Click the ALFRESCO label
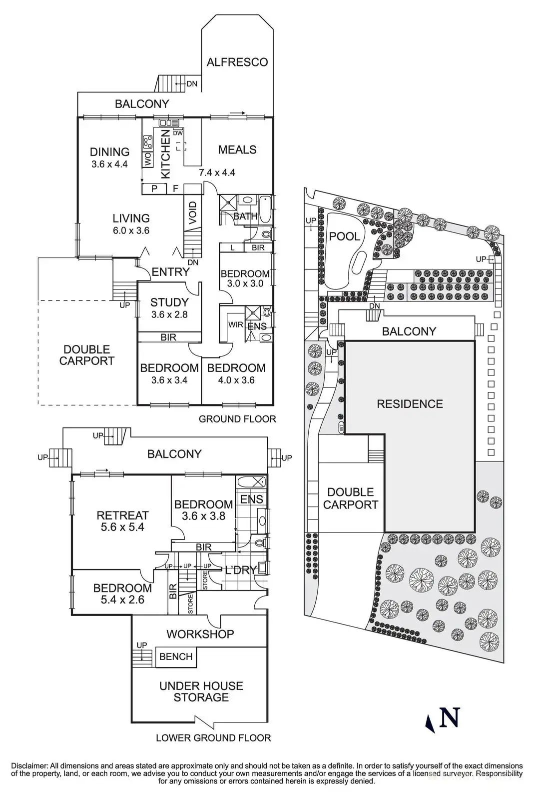[237, 62]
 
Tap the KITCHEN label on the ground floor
[165, 153]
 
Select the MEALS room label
[237, 149]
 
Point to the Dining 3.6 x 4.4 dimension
[109, 164]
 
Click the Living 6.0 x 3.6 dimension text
[131, 230]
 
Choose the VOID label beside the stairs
[193, 212]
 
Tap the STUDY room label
[169, 302]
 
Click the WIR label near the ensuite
[236, 324]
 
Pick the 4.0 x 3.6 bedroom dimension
[236, 380]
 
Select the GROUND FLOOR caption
[237, 419]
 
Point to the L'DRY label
[241, 570]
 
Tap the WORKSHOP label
[200, 634]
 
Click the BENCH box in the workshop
[176, 656]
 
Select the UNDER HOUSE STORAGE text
[201, 691]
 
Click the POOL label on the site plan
[345, 236]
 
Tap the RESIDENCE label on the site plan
[410, 403]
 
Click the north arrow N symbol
[448, 718]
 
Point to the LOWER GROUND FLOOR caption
[213, 737]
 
